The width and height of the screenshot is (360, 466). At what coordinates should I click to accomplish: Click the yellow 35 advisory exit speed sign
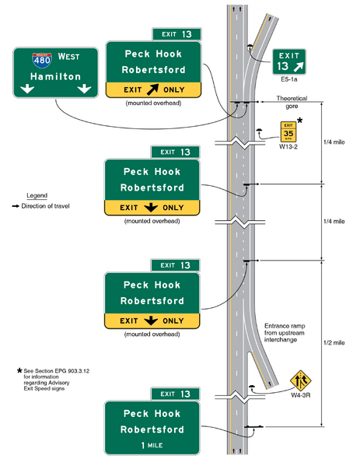(287, 131)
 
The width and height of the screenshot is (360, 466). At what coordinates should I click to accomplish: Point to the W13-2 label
(288, 145)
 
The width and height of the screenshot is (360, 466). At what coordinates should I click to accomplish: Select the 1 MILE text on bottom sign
(153, 447)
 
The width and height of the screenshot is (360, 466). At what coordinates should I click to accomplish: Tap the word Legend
(37, 194)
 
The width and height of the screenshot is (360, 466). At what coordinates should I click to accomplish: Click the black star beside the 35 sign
(301, 121)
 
